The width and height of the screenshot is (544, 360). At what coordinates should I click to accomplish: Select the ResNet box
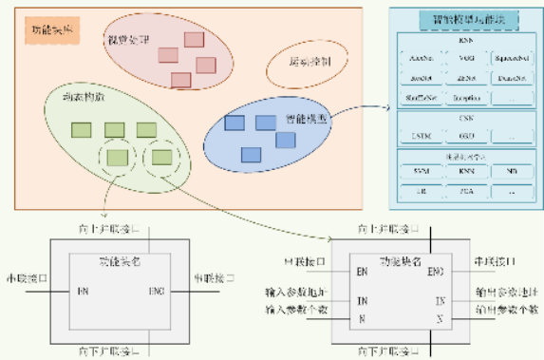point(420,79)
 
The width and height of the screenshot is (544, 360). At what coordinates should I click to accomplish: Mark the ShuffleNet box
point(420,98)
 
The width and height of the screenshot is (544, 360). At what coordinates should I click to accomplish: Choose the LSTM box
point(420,134)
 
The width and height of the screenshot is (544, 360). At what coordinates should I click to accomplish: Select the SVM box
point(420,171)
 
